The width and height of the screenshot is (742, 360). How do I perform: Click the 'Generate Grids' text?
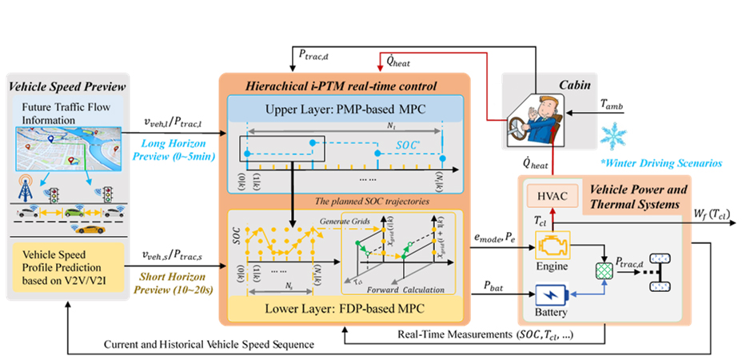(343, 220)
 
